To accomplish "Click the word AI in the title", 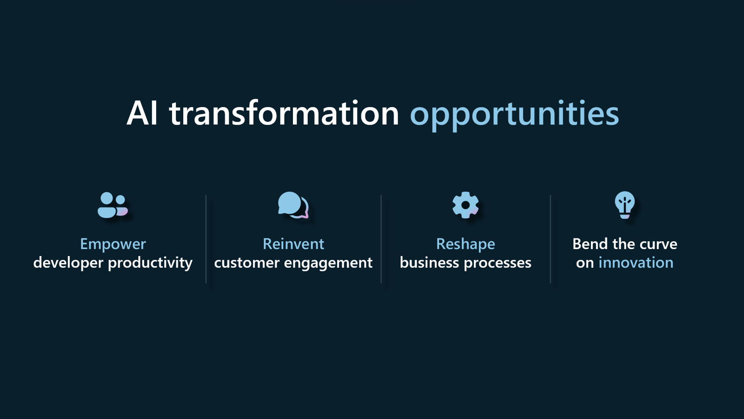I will click(142, 113).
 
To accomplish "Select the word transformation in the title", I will click(284, 113).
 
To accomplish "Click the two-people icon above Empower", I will click(112, 205).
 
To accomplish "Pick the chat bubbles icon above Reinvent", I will click(293, 205).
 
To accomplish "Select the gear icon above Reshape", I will click(465, 205).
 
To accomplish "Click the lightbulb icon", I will click(624, 205).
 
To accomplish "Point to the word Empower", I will click(113, 244).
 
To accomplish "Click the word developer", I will click(68, 263).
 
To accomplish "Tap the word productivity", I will click(150, 263).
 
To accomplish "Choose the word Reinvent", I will click(293, 244).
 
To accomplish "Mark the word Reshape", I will click(465, 244).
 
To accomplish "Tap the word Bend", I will click(590, 244).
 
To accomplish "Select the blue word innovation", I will click(636, 263).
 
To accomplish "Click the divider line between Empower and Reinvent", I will click(206, 238).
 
